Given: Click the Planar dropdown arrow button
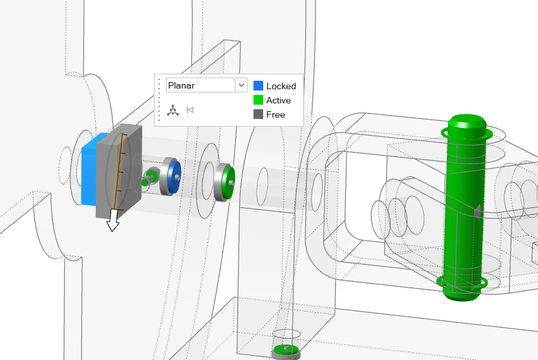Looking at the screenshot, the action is (x=241, y=85).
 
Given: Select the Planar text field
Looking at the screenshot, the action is (x=200, y=85).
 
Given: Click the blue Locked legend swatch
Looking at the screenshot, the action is (x=258, y=86).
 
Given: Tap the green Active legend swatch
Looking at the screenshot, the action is (x=258, y=100).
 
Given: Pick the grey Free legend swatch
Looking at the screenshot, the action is (x=258, y=114).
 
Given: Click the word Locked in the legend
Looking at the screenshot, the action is (x=281, y=86).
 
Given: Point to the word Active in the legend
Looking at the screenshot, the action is (x=279, y=100).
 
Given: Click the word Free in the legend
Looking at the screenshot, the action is (x=275, y=114).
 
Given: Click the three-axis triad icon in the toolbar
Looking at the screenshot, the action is (x=173, y=110).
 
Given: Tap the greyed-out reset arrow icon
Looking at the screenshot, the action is (x=190, y=110).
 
